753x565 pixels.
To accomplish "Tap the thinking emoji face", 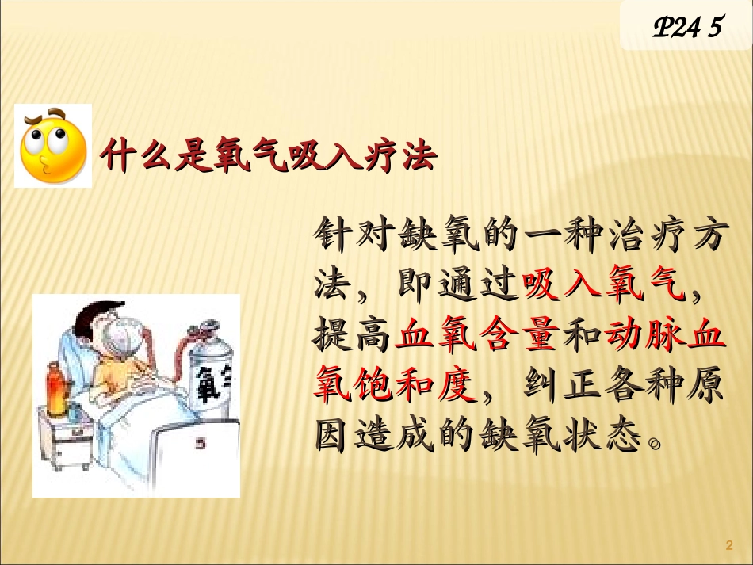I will click(x=53, y=147).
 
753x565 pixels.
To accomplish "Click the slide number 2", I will click(x=729, y=544).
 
